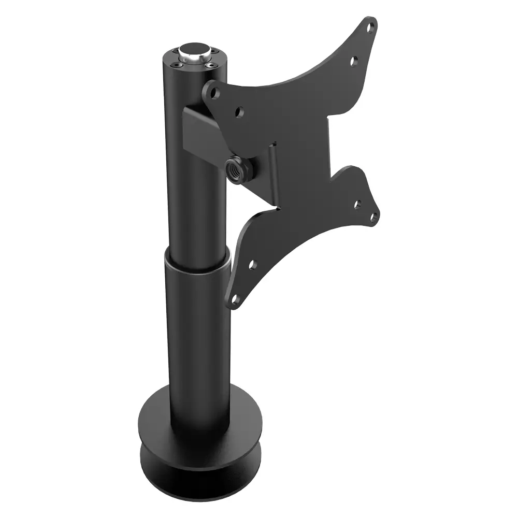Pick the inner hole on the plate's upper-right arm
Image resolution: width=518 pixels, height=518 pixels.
point(354,61)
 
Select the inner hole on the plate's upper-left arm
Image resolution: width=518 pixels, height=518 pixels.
point(239,111)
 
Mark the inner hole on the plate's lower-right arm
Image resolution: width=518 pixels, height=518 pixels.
point(357,204)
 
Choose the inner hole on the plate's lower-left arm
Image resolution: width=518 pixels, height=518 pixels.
point(252,265)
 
